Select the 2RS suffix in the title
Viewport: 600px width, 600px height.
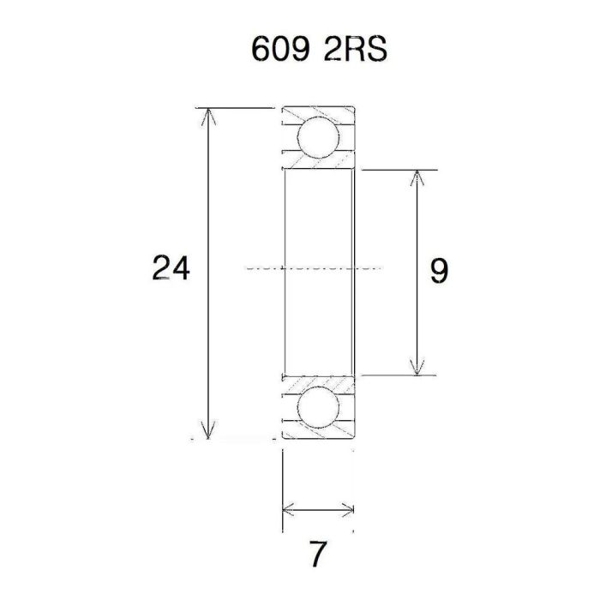pyautogui.click(x=356, y=50)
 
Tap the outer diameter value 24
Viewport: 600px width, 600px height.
pyautogui.click(x=171, y=269)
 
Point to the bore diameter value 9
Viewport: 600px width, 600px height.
pyautogui.click(x=438, y=272)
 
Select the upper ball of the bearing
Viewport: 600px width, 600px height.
pyautogui.click(x=317, y=136)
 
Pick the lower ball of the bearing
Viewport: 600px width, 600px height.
pyautogui.click(x=317, y=408)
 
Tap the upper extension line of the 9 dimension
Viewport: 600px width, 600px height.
pyautogui.click(x=394, y=170)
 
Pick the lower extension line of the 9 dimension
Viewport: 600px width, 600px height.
pyautogui.click(x=394, y=375)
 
